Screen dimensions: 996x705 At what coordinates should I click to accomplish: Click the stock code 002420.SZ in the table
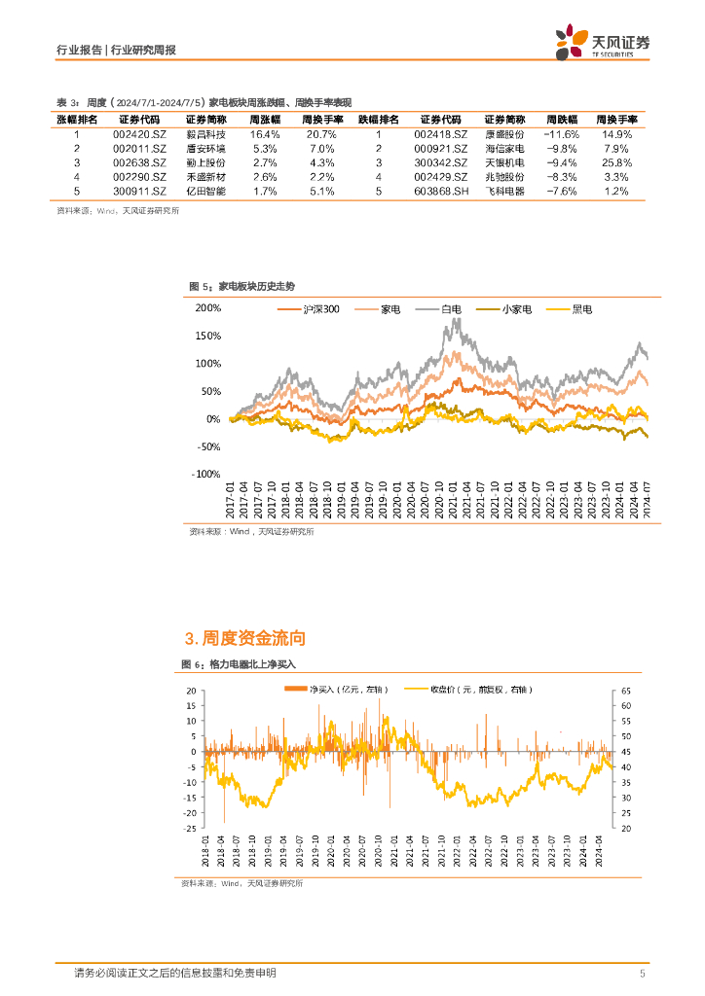pyautogui.click(x=140, y=133)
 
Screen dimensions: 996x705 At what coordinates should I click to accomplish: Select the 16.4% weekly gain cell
pyautogui.click(x=265, y=133)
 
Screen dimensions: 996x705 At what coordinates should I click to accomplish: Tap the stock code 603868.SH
pyautogui.click(x=442, y=192)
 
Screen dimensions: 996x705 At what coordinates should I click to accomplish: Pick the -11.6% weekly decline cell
pyautogui.click(x=561, y=133)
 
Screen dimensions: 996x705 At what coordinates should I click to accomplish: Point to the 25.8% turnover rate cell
pyautogui.click(x=617, y=162)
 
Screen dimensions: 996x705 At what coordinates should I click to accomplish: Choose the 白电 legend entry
pyautogui.click(x=451, y=309)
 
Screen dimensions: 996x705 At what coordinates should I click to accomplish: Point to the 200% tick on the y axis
pyautogui.click(x=208, y=307)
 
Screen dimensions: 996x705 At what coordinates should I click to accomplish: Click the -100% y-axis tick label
pyautogui.click(x=206, y=474)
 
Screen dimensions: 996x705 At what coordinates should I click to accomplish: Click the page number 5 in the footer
pyautogui.click(x=642, y=973)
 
